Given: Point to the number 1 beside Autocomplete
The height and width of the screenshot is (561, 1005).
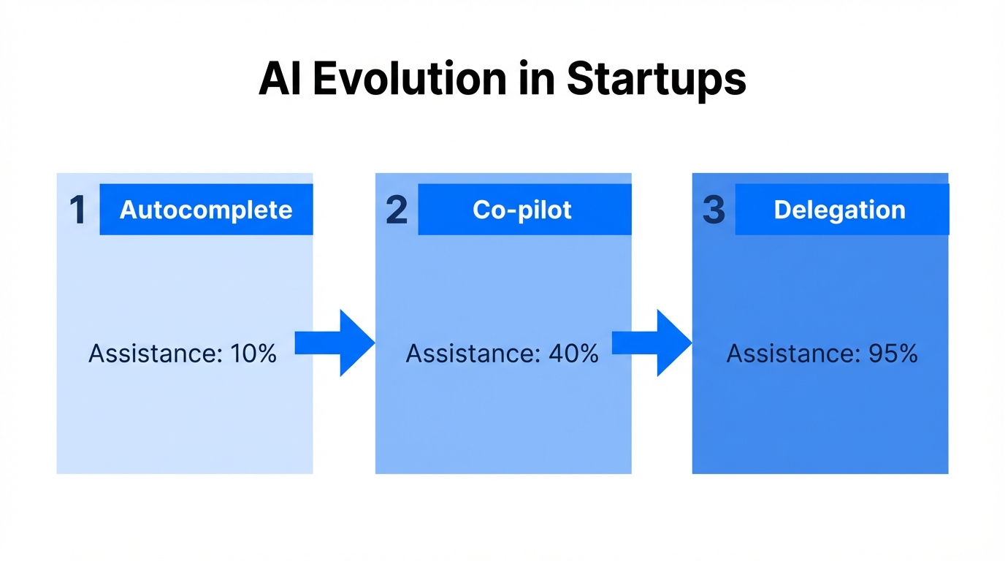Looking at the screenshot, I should pos(77,210).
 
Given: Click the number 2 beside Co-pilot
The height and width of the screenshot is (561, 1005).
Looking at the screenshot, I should pos(397,210).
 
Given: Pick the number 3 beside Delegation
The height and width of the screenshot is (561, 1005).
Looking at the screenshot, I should pos(714,210).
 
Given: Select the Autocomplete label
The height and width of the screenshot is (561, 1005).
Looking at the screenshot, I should pos(206,210).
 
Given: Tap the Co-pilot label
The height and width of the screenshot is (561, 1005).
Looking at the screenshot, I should pos(522,210).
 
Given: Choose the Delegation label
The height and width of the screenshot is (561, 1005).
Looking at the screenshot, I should pos(839,210).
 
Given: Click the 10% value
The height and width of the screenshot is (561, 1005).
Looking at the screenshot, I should pos(253,354).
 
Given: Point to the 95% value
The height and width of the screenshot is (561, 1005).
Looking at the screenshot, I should pos(893,354).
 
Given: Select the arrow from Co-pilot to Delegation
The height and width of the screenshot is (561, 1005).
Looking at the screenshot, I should pos(652,343).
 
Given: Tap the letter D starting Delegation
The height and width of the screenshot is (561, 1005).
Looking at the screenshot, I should pos(782,210).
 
